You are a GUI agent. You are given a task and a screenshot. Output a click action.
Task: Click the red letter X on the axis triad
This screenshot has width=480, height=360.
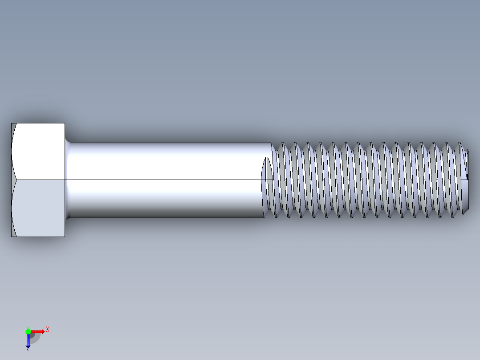coord(48,329)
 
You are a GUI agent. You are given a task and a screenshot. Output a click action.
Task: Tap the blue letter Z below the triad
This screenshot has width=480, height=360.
coord(28,350)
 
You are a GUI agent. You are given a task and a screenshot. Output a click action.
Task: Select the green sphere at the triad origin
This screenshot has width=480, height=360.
coord(28,331)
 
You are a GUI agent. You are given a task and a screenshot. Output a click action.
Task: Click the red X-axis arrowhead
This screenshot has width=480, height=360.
coord(42,331)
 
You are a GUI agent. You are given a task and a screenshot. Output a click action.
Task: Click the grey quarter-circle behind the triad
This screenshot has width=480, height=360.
coord(36,338)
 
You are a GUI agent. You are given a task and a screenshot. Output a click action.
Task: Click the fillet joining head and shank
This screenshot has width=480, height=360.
coord(68,180)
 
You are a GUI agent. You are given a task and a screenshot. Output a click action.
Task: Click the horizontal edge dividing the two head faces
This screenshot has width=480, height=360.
coord(40,180)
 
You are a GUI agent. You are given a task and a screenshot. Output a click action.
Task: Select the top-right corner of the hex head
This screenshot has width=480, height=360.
coord(65,123)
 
